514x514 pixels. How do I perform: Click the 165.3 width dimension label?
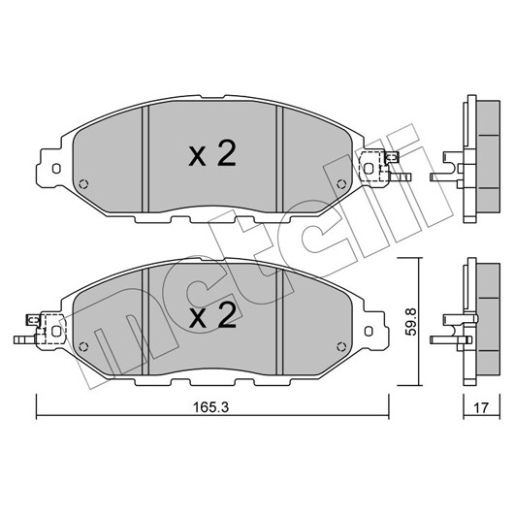210,407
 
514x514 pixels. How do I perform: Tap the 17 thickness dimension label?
481,407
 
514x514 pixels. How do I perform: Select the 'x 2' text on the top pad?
212,153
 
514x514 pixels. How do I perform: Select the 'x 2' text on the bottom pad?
212,315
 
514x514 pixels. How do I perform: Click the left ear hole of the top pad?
56,169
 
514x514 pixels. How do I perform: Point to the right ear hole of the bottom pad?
369,331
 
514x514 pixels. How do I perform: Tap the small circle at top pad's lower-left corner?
83,184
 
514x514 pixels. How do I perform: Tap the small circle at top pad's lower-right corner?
341,184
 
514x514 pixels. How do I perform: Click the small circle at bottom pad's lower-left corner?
83,346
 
